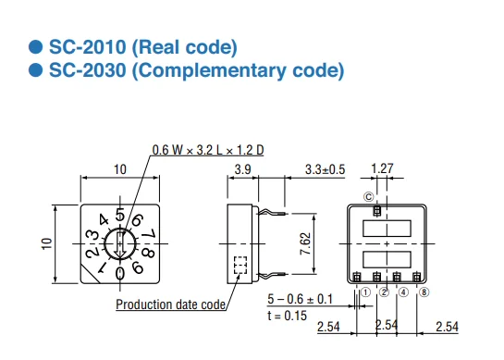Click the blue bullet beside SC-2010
tap(35, 47)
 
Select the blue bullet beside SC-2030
tap(35, 70)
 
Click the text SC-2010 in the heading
tap(87, 47)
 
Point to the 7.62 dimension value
tap(305, 244)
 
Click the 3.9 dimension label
tap(242, 169)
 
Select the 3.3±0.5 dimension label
tap(325, 169)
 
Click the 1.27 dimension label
tap(382, 168)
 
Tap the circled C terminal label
tap(369, 197)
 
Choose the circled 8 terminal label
tap(424, 292)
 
